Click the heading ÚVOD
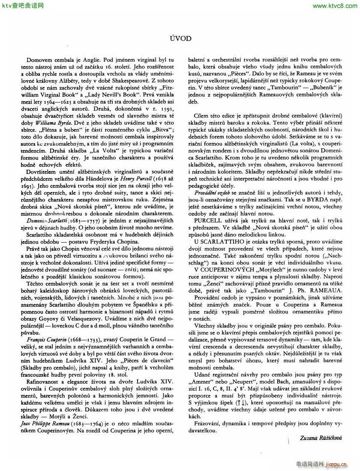tap(180, 38)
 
